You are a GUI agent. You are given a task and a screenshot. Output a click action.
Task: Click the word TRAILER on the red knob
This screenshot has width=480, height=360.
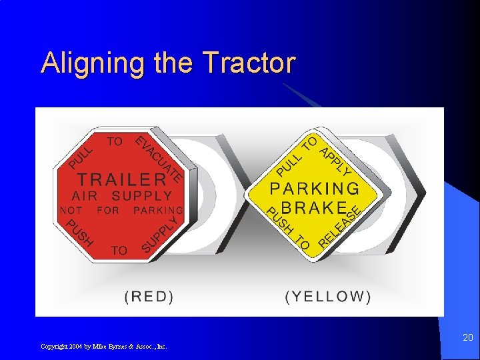point(122,179)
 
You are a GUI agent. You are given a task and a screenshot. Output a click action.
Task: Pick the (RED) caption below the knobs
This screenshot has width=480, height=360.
point(149,297)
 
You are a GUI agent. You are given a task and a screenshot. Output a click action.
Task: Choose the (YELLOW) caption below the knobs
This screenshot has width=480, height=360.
point(328,297)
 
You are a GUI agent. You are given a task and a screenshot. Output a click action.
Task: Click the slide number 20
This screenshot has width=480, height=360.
point(468,338)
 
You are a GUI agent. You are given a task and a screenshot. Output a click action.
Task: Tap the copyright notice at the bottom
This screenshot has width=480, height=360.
point(104,347)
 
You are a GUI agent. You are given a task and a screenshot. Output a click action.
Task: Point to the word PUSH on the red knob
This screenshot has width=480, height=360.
point(79,233)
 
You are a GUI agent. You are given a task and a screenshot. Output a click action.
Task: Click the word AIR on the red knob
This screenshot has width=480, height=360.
point(84,196)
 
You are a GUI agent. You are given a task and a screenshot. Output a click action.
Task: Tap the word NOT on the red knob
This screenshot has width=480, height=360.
point(71,210)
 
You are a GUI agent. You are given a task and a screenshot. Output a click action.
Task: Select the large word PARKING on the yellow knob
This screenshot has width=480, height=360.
point(314,189)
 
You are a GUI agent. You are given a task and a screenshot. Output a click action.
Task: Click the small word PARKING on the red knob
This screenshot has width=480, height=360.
point(158,210)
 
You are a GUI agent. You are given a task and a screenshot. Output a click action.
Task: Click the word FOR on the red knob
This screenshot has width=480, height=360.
point(107,210)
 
